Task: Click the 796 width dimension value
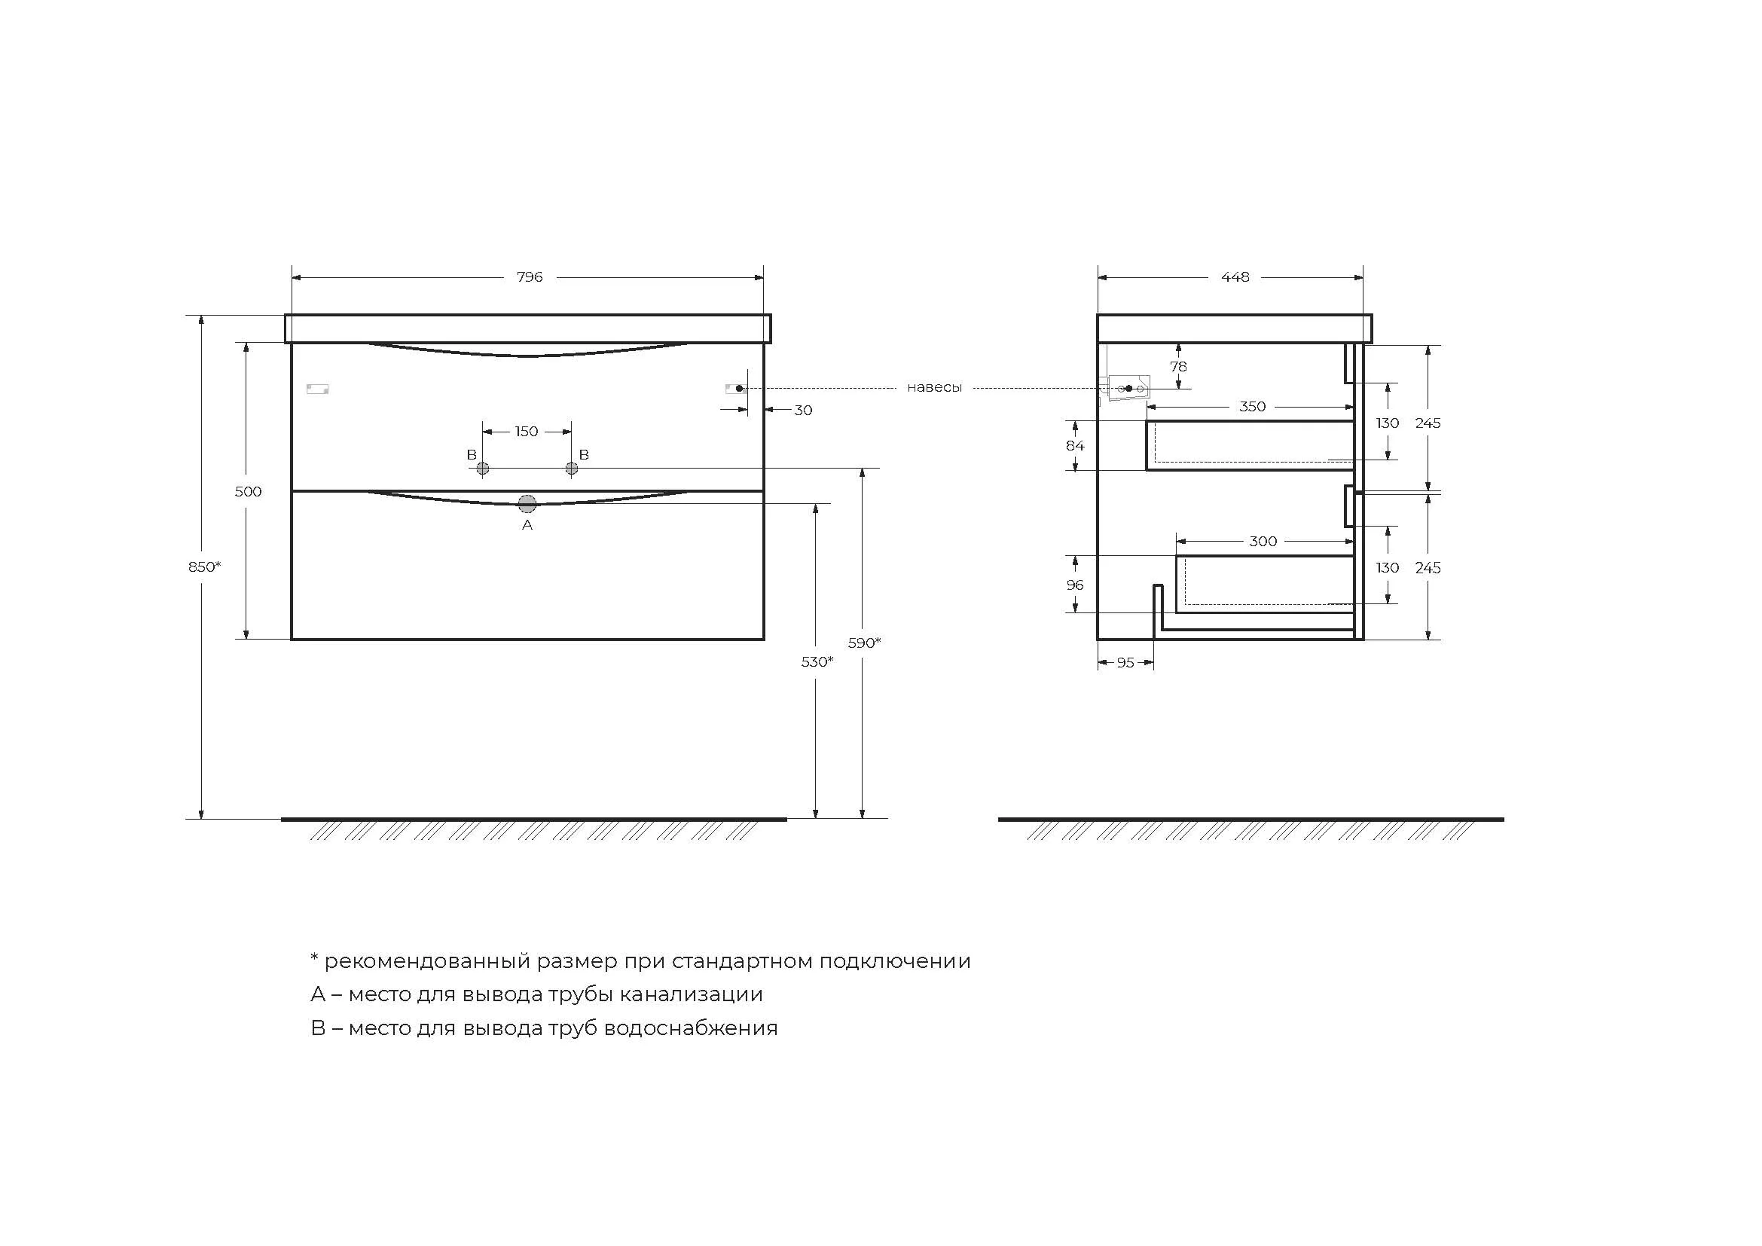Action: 530,277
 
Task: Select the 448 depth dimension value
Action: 1235,277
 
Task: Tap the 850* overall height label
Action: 204,567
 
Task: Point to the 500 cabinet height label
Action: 248,492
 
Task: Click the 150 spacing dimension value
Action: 527,432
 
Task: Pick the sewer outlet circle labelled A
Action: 527,504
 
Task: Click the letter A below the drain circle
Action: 527,526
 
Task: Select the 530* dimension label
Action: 817,661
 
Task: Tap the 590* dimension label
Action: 864,643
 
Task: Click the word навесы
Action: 934,388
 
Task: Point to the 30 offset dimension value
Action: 803,411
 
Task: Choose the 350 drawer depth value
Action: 1252,407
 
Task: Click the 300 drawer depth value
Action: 1263,542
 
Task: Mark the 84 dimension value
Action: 1074,446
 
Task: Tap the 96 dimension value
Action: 1074,585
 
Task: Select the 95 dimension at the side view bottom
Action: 1125,663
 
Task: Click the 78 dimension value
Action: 1178,367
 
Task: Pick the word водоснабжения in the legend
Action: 691,1028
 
